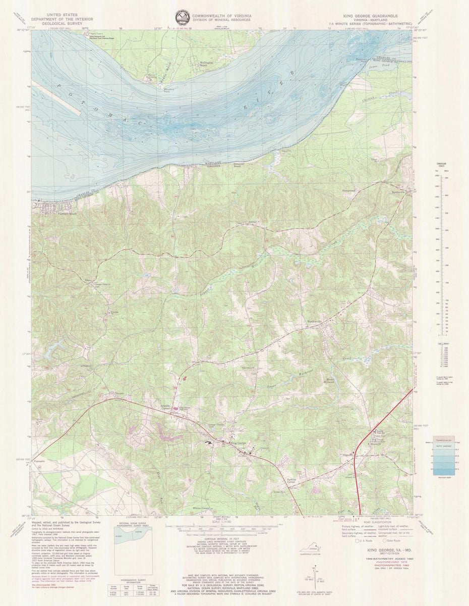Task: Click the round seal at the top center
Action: [181, 16]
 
